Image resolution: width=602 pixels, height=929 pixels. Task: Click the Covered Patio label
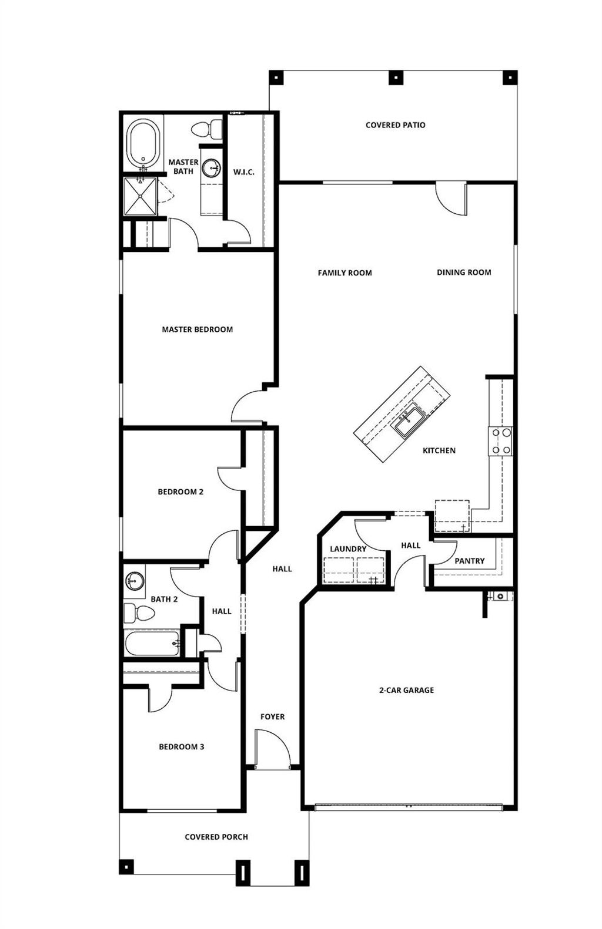(395, 125)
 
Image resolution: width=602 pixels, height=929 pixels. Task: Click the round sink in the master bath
(210, 169)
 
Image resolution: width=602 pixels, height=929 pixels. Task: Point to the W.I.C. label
(243, 172)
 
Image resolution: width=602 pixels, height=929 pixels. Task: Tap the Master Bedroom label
(197, 329)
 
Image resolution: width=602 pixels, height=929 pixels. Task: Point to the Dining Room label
(464, 272)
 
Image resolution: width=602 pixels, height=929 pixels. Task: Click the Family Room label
(345, 273)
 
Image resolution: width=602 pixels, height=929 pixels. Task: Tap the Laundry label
(348, 549)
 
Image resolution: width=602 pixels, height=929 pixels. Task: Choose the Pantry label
(469, 561)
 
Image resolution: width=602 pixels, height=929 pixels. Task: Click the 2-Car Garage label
(406, 691)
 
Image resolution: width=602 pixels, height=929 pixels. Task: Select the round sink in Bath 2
(135, 580)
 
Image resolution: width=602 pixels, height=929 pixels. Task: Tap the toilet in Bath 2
(139, 614)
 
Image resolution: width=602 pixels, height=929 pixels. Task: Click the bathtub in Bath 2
(152, 644)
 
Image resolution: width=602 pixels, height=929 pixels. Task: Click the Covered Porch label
(216, 837)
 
